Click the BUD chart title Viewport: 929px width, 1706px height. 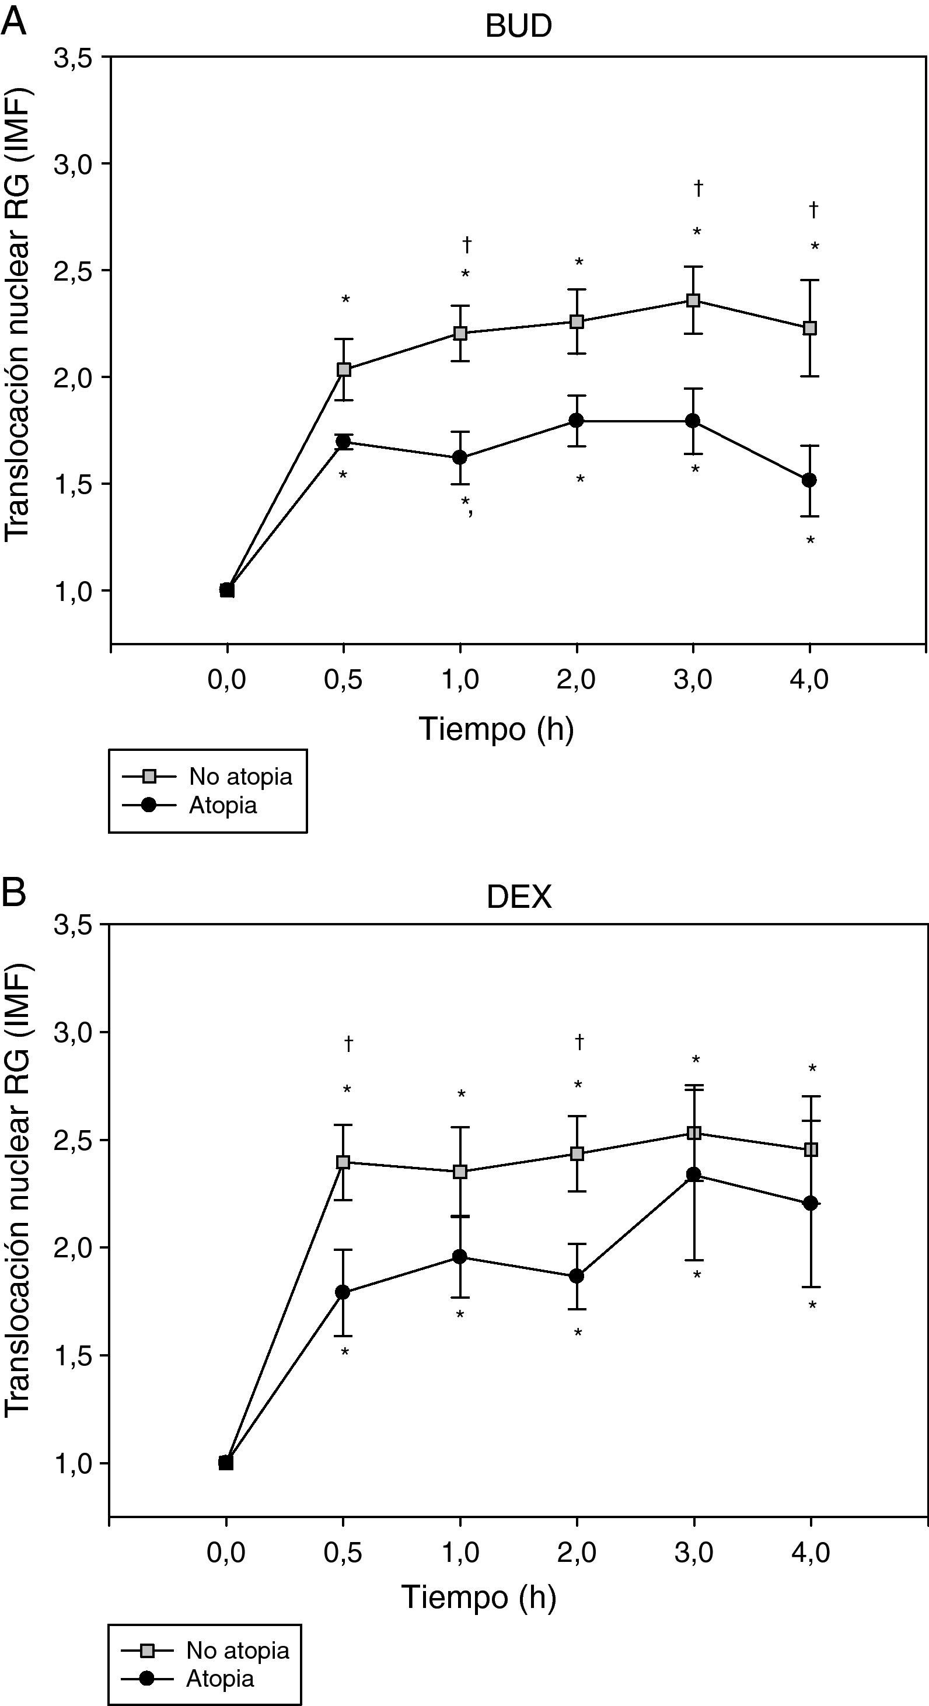pyautogui.click(x=518, y=26)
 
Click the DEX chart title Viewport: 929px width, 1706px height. pyautogui.click(x=518, y=897)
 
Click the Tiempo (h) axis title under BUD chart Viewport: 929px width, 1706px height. pyautogui.click(x=496, y=729)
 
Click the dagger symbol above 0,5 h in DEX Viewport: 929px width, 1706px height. pyautogui.click(x=348, y=1044)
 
